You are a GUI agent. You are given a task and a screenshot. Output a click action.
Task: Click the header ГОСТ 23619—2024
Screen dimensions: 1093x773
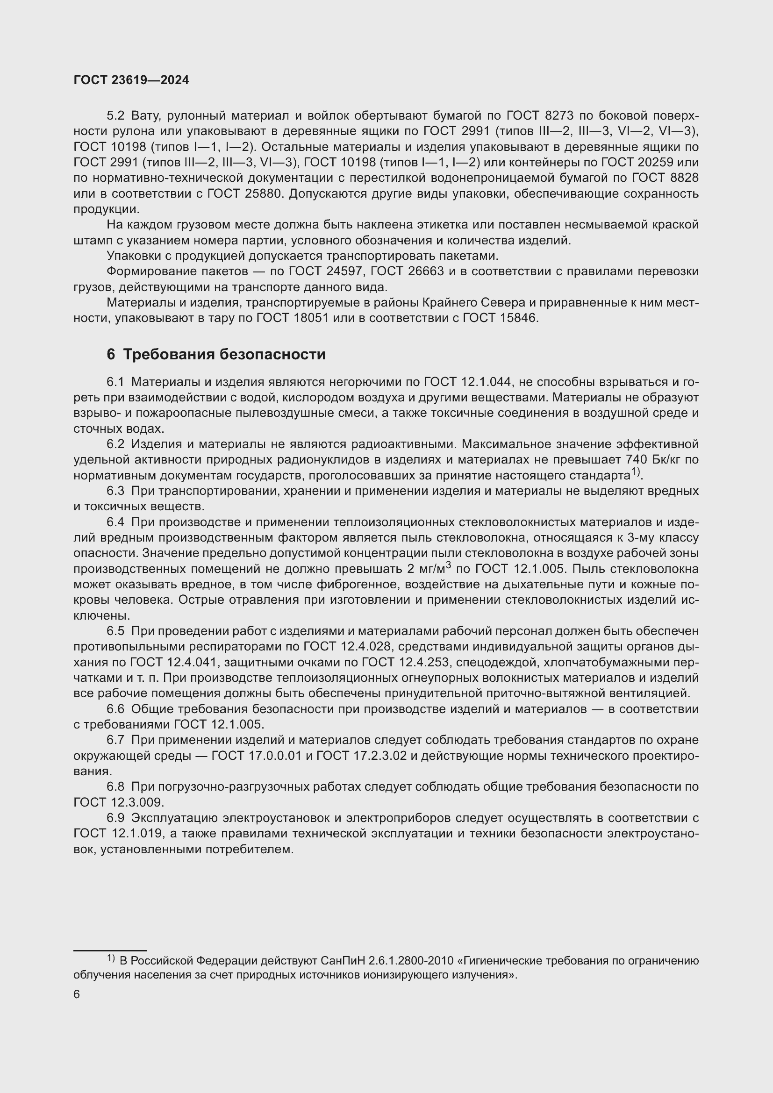131,80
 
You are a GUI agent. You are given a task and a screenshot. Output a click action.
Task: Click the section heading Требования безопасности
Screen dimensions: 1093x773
224,355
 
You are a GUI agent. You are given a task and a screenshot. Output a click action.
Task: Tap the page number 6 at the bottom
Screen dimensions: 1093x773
77,994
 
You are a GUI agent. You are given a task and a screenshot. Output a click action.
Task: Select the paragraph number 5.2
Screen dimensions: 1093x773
115,116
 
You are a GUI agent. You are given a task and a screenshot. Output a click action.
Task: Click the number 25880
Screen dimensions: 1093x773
262,194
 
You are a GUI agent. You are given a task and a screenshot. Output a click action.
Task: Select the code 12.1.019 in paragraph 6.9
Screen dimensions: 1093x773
138,834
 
